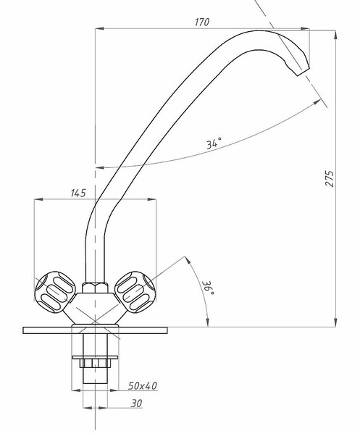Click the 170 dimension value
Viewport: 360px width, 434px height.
click(x=202, y=22)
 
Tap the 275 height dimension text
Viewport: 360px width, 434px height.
click(x=330, y=179)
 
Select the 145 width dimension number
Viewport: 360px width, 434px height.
click(x=78, y=193)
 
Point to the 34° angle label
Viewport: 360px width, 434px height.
click(x=214, y=143)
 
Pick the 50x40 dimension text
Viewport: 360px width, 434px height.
click(x=142, y=385)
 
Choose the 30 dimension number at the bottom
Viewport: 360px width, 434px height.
click(x=136, y=404)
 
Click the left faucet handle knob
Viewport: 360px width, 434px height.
click(x=55, y=292)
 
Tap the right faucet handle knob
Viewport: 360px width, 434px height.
click(x=135, y=292)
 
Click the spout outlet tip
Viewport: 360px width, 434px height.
click(x=303, y=72)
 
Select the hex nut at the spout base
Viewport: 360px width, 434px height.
click(x=95, y=288)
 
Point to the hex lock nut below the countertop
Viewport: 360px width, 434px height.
click(x=95, y=363)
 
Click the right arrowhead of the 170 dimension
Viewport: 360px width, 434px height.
click(x=305, y=28)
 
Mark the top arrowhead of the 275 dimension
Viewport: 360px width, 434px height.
click(x=335, y=35)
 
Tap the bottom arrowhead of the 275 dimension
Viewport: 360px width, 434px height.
click(x=335, y=322)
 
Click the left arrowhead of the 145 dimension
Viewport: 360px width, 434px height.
click(x=38, y=199)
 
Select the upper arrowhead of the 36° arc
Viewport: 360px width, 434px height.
click(x=188, y=260)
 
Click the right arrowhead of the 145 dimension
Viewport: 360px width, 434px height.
click(x=151, y=199)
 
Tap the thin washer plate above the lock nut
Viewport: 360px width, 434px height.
click(x=95, y=357)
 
